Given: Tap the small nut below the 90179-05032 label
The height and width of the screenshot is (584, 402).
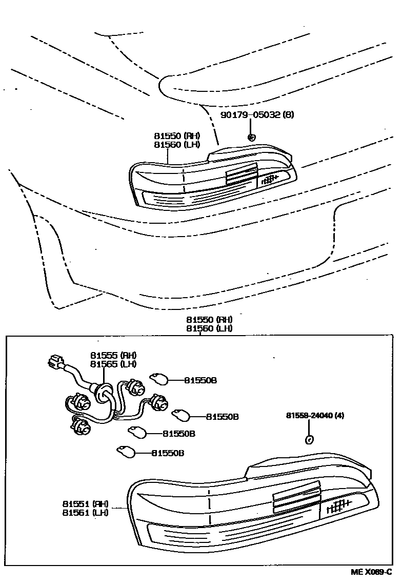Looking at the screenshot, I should (x=251, y=137).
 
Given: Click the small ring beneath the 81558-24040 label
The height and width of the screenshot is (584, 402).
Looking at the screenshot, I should (x=309, y=439).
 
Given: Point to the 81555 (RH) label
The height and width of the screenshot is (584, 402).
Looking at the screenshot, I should (x=114, y=355).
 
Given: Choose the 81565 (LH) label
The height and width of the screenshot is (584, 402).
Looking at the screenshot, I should (x=114, y=364).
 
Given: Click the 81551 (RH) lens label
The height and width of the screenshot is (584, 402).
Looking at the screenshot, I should (x=85, y=503).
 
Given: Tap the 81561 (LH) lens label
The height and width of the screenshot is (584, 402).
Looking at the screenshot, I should (x=85, y=512).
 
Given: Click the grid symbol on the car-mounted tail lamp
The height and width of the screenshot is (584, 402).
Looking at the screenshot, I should (x=270, y=179).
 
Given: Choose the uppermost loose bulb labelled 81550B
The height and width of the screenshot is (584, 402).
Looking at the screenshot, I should (x=158, y=380).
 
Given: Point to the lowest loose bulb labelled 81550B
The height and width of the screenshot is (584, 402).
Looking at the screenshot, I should (x=126, y=452).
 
